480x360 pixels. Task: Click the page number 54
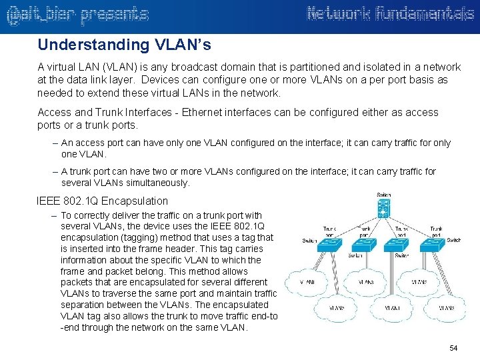click(x=454, y=348)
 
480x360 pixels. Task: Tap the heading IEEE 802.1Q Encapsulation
click(x=103, y=201)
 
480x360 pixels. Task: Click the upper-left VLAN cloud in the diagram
click(x=307, y=282)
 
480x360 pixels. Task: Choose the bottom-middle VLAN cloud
click(x=393, y=308)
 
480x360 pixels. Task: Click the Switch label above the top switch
click(x=384, y=195)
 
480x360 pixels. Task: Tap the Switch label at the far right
click(x=453, y=240)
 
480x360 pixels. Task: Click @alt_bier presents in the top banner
click(x=77, y=15)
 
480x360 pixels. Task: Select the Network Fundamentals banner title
click(x=391, y=14)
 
